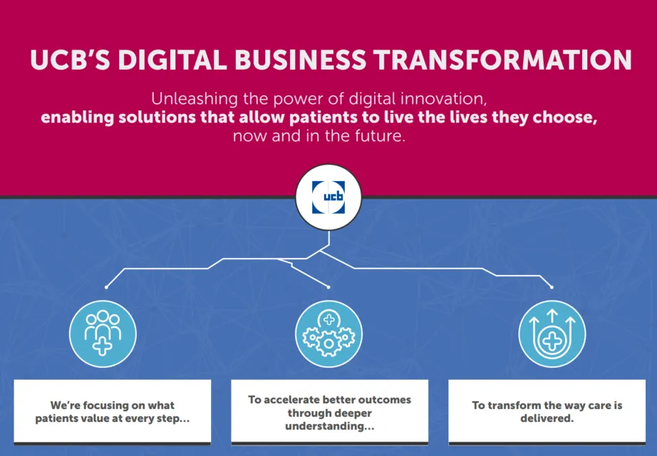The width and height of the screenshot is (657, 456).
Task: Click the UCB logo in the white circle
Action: [328, 197]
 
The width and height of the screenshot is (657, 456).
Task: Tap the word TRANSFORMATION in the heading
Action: [502, 60]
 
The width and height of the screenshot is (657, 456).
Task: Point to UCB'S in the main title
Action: [70, 60]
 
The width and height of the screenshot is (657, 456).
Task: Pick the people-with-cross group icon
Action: [103, 333]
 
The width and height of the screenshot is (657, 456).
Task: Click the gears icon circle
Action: [328, 333]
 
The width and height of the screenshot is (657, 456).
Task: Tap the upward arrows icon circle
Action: [552, 333]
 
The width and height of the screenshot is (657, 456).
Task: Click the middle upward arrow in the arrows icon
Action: [552, 316]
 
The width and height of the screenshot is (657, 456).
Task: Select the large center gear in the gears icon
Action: [328, 343]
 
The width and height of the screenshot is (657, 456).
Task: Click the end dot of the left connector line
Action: [106, 287]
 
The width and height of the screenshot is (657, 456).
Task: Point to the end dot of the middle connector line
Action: [328, 287]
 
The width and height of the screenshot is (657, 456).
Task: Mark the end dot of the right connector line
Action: [552, 287]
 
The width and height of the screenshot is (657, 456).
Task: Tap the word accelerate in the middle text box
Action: [291, 400]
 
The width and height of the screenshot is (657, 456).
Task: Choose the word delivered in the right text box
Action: [547, 418]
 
